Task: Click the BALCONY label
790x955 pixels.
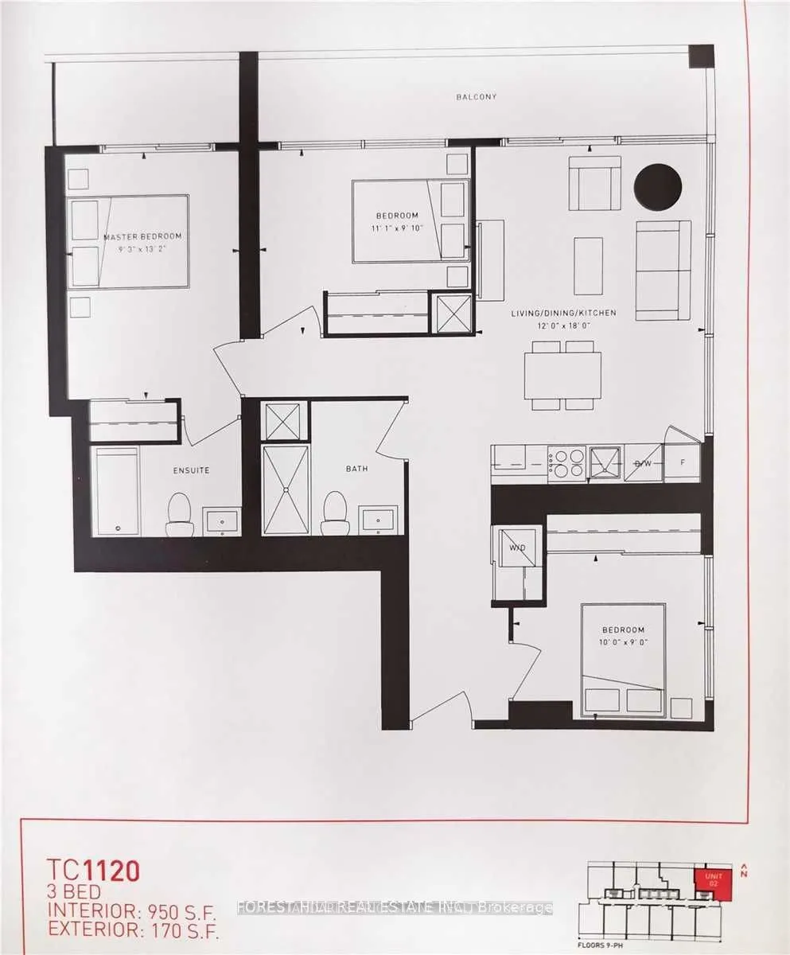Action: pyautogui.click(x=476, y=97)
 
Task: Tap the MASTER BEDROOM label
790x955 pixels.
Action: pyautogui.click(x=142, y=236)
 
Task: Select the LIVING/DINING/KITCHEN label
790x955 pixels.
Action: pyautogui.click(x=563, y=313)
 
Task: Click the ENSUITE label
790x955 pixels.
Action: pyautogui.click(x=192, y=470)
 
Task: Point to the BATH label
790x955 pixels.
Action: pyautogui.click(x=356, y=469)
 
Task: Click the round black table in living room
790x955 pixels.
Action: pyautogui.click(x=657, y=187)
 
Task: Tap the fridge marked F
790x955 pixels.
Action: pyautogui.click(x=682, y=462)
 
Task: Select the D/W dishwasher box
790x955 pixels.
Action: pyautogui.click(x=643, y=462)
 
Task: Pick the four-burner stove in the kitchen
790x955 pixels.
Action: pyautogui.click(x=566, y=462)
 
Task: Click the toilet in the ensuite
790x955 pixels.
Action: pyautogui.click(x=180, y=515)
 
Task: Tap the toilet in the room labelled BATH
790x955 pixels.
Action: pyautogui.click(x=335, y=514)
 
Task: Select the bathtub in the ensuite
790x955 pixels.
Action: pyautogui.click(x=115, y=491)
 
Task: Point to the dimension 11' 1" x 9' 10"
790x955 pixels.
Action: pyautogui.click(x=396, y=228)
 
